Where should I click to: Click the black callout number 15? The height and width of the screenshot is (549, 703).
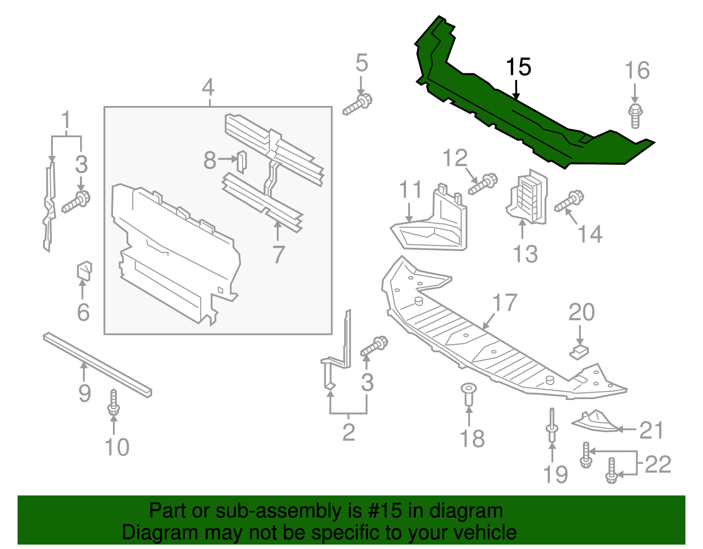pos(518,67)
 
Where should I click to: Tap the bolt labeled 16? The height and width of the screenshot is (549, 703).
pos(635,115)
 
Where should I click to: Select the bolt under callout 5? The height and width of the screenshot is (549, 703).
pos(358,104)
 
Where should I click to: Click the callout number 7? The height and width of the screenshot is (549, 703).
pos(279,255)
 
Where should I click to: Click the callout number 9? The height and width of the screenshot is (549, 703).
pos(84,393)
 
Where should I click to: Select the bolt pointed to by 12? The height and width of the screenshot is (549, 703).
pos(483,184)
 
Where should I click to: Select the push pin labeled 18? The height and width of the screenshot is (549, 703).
pos(468,393)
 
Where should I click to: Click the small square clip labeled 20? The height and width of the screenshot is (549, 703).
pos(580,352)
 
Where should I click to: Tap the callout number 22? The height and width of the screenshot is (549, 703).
pos(658,464)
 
